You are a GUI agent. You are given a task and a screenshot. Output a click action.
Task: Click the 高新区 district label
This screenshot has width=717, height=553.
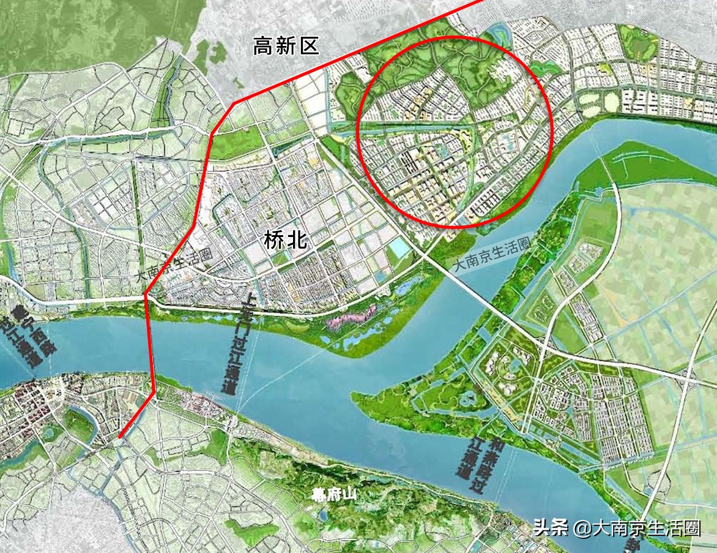(x=286, y=46)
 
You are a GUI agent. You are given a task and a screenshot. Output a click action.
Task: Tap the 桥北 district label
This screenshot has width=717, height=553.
(x=285, y=239)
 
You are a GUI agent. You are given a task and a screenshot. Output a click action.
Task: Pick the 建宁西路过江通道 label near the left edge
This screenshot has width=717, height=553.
(x=28, y=337)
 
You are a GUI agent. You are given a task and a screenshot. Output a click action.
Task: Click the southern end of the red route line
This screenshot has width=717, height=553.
(x=119, y=437)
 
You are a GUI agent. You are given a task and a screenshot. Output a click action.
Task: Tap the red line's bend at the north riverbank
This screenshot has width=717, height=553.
(x=146, y=295)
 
